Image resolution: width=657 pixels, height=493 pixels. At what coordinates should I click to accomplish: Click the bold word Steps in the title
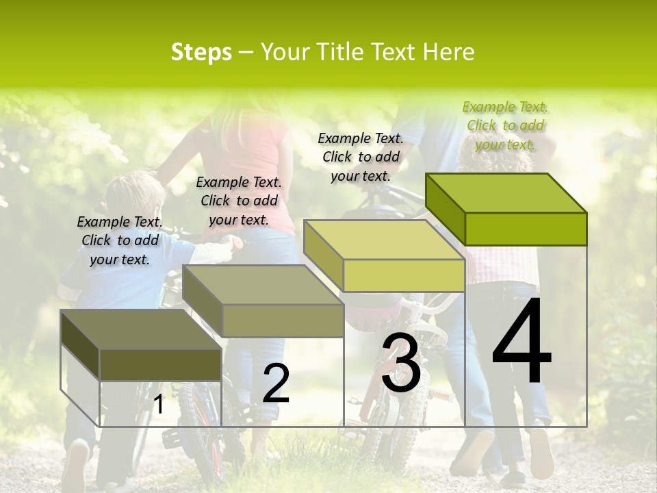point(201,52)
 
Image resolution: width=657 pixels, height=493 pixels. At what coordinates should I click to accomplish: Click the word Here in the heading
point(449,52)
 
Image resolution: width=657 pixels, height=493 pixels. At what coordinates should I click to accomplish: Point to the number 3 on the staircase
point(401,364)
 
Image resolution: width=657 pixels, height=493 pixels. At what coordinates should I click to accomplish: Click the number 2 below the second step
point(276,383)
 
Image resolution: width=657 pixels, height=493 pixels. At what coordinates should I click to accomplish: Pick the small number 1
point(159,405)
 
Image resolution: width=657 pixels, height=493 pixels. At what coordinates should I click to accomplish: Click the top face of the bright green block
point(506,193)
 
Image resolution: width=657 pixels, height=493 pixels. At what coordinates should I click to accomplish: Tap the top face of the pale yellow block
point(383,240)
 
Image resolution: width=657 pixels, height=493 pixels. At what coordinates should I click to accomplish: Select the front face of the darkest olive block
point(160,364)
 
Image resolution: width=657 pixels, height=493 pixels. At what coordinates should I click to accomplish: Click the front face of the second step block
point(283,320)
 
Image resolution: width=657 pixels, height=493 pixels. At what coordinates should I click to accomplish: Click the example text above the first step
point(120,240)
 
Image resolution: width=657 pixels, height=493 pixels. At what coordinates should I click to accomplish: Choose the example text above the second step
point(239,201)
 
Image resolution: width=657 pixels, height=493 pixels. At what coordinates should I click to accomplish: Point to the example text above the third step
point(361,157)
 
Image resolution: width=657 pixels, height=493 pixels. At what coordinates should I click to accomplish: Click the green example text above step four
point(505,125)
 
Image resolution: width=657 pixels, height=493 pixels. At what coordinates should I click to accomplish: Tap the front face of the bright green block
point(526,229)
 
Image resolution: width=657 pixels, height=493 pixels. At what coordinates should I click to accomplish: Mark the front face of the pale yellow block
point(404,275)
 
